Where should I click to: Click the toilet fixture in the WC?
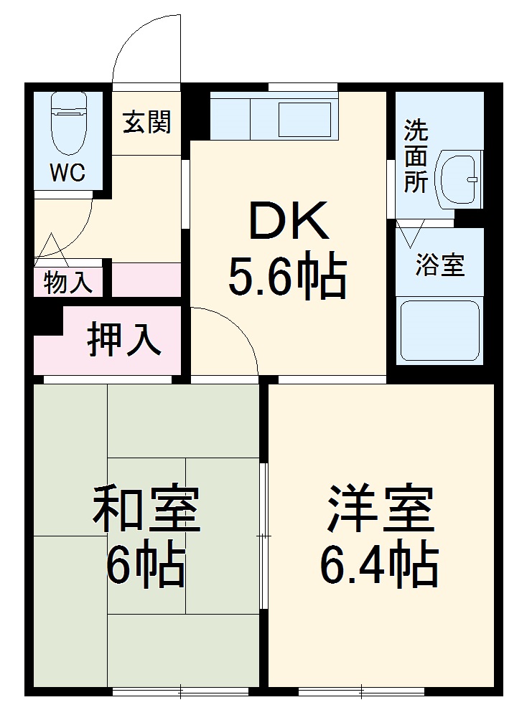click(x=68, y=125)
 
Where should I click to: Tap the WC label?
click(x=67, y=172)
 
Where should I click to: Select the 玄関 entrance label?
click(x=147, y=123)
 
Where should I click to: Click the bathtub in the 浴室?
click(x=439, y=331)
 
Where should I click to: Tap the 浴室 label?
click(x=440, y=265)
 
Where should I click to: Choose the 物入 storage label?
click(x=68, y=282)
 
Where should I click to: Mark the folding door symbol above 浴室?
click(x=413, y=235)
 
